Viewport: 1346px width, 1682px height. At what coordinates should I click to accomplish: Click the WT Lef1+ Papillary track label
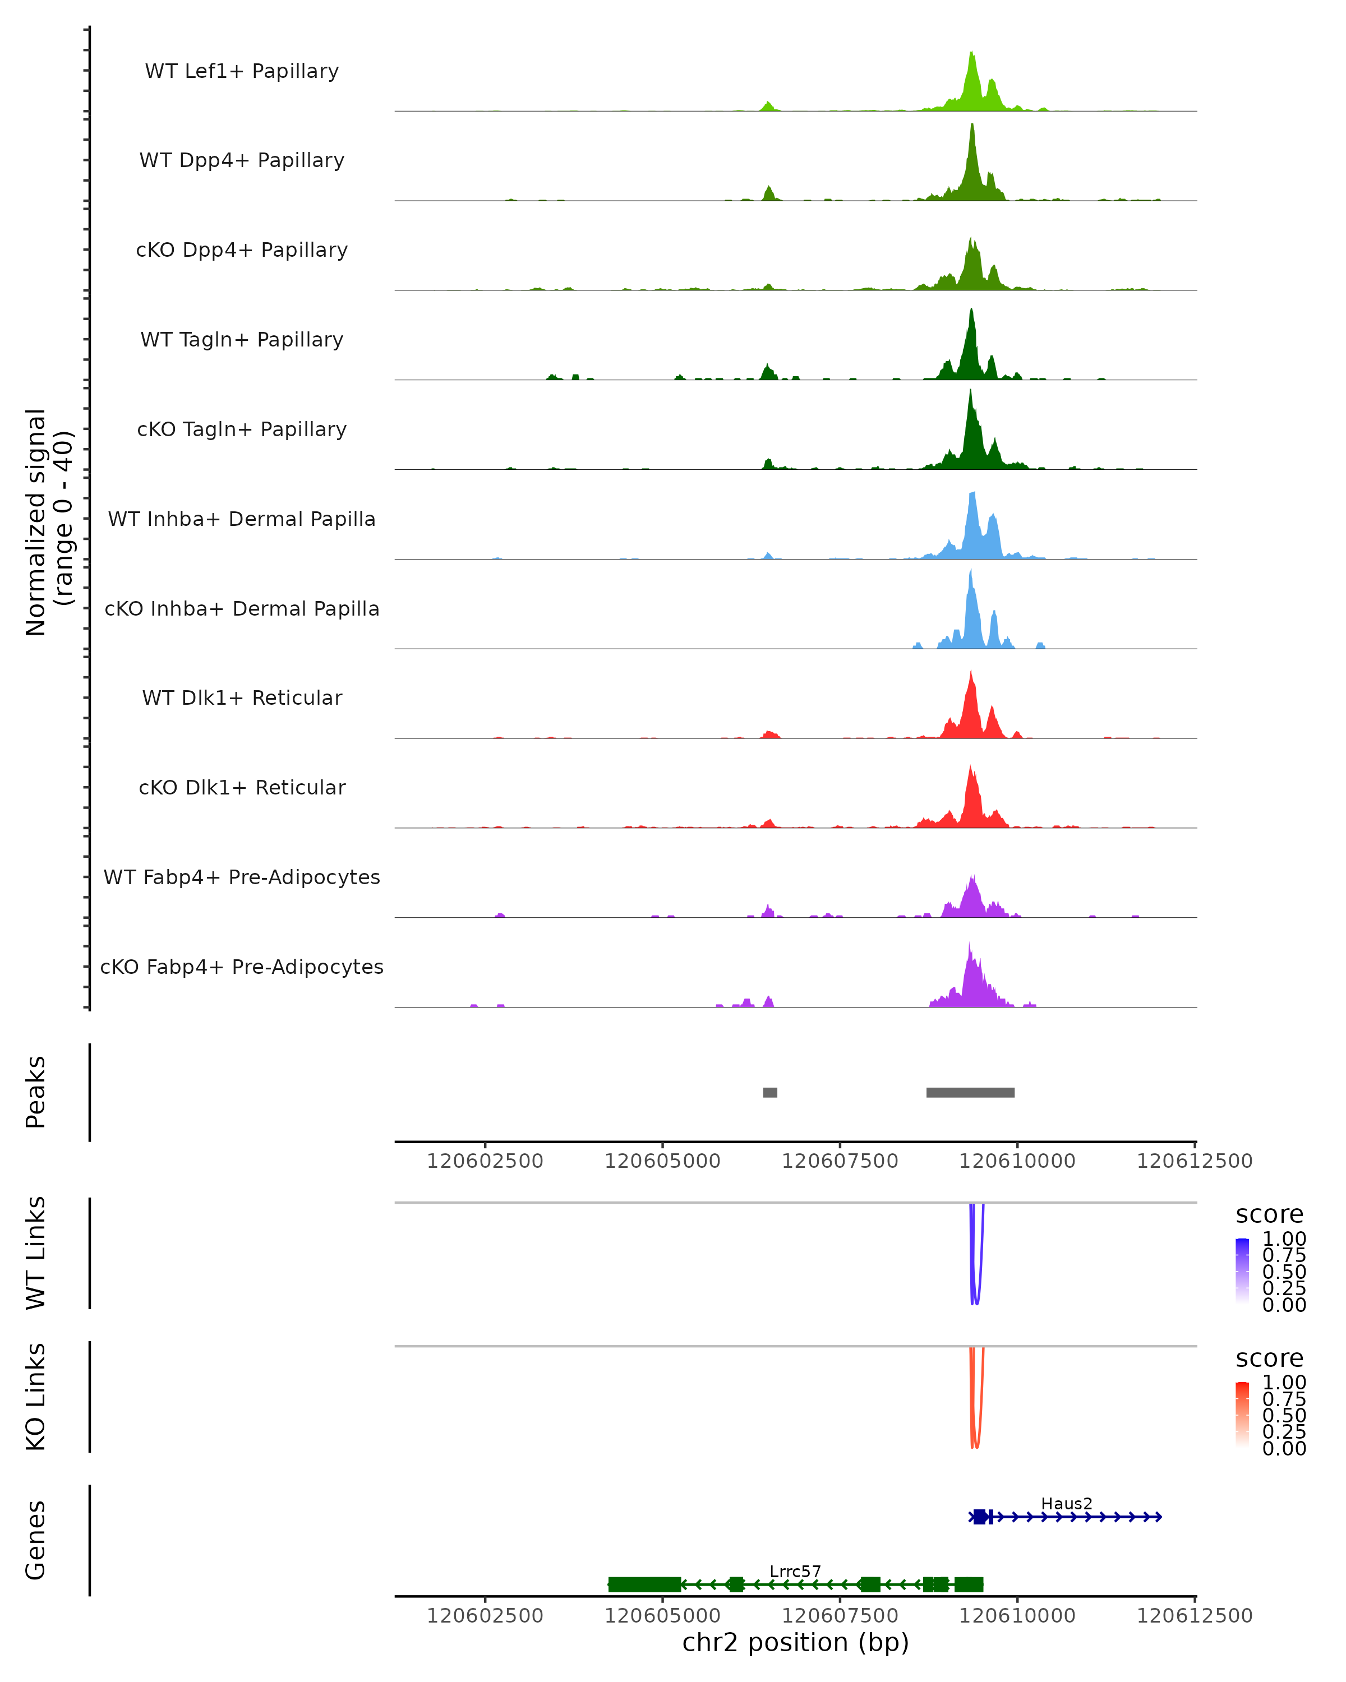pyautogui.click(x=242, y=71)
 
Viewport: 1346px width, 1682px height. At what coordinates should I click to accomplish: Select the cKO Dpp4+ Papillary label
pyautogui.click(x=242, y=251)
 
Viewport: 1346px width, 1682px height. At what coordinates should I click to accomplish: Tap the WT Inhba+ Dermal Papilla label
pyautogui.click(x=242, y=520)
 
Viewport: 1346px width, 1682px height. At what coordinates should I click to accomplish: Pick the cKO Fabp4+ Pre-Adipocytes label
pyautogui.click(x=242, y=967)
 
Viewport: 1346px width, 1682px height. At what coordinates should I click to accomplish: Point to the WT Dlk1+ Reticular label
pyautogui.click(x=242, y=698)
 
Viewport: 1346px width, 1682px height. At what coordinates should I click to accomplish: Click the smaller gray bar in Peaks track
pyautogui.click(x=770, y=1092)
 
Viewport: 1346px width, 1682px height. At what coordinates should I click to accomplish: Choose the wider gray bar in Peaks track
pyautogui.click(x=970, y=1092)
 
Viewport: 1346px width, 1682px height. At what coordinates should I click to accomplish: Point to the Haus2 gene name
pyautogui.click(x=1067, y=1503)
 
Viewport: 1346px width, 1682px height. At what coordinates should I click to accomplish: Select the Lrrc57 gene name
pyautogui.click(x=795, y=1571)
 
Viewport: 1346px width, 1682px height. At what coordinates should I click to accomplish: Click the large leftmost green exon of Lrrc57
pyautogui.click(x=644, y=1584)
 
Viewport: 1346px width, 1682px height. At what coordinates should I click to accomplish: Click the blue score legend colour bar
pyautogui.click(x=1242, y=1270)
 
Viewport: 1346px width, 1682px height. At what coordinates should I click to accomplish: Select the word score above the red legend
pyautogui.click(x=1270, y=1358)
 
